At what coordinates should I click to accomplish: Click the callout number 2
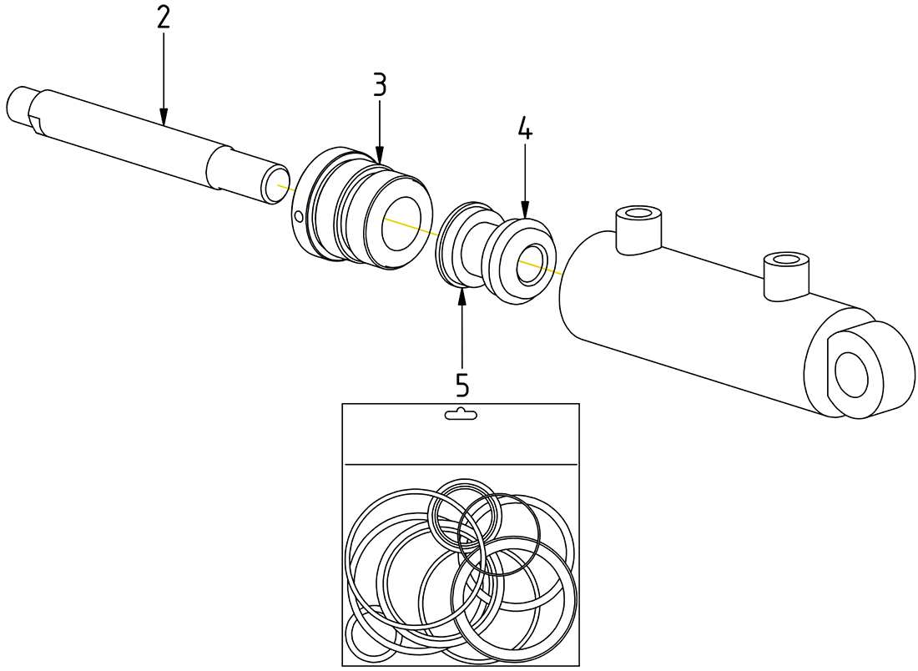(163, 19)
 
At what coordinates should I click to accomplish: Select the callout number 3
(380, 84)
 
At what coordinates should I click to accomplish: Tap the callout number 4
(524, 129)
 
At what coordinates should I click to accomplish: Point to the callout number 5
(462, 385)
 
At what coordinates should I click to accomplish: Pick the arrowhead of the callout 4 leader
(524, 214)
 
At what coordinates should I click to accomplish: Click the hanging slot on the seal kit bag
(461, 414)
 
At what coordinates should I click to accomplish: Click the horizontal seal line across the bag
(461, 464)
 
